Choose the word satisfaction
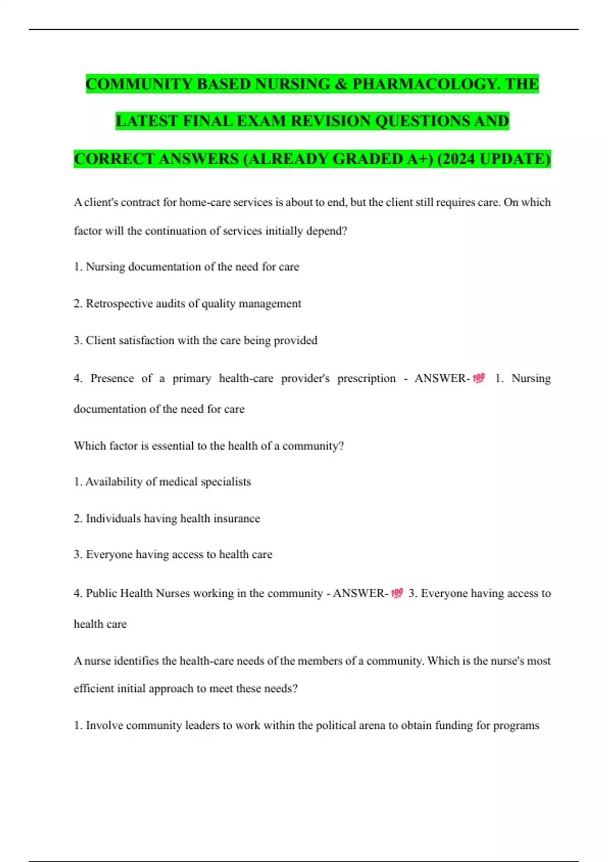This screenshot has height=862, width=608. coord(146,340)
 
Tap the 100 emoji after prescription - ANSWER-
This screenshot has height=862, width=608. coord(479,378)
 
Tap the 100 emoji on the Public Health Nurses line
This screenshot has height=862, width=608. coord(397,593)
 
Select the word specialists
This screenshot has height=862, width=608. coord(225,482)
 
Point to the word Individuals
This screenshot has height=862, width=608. coord(113,518)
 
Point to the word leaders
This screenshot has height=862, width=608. coord(202,726)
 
